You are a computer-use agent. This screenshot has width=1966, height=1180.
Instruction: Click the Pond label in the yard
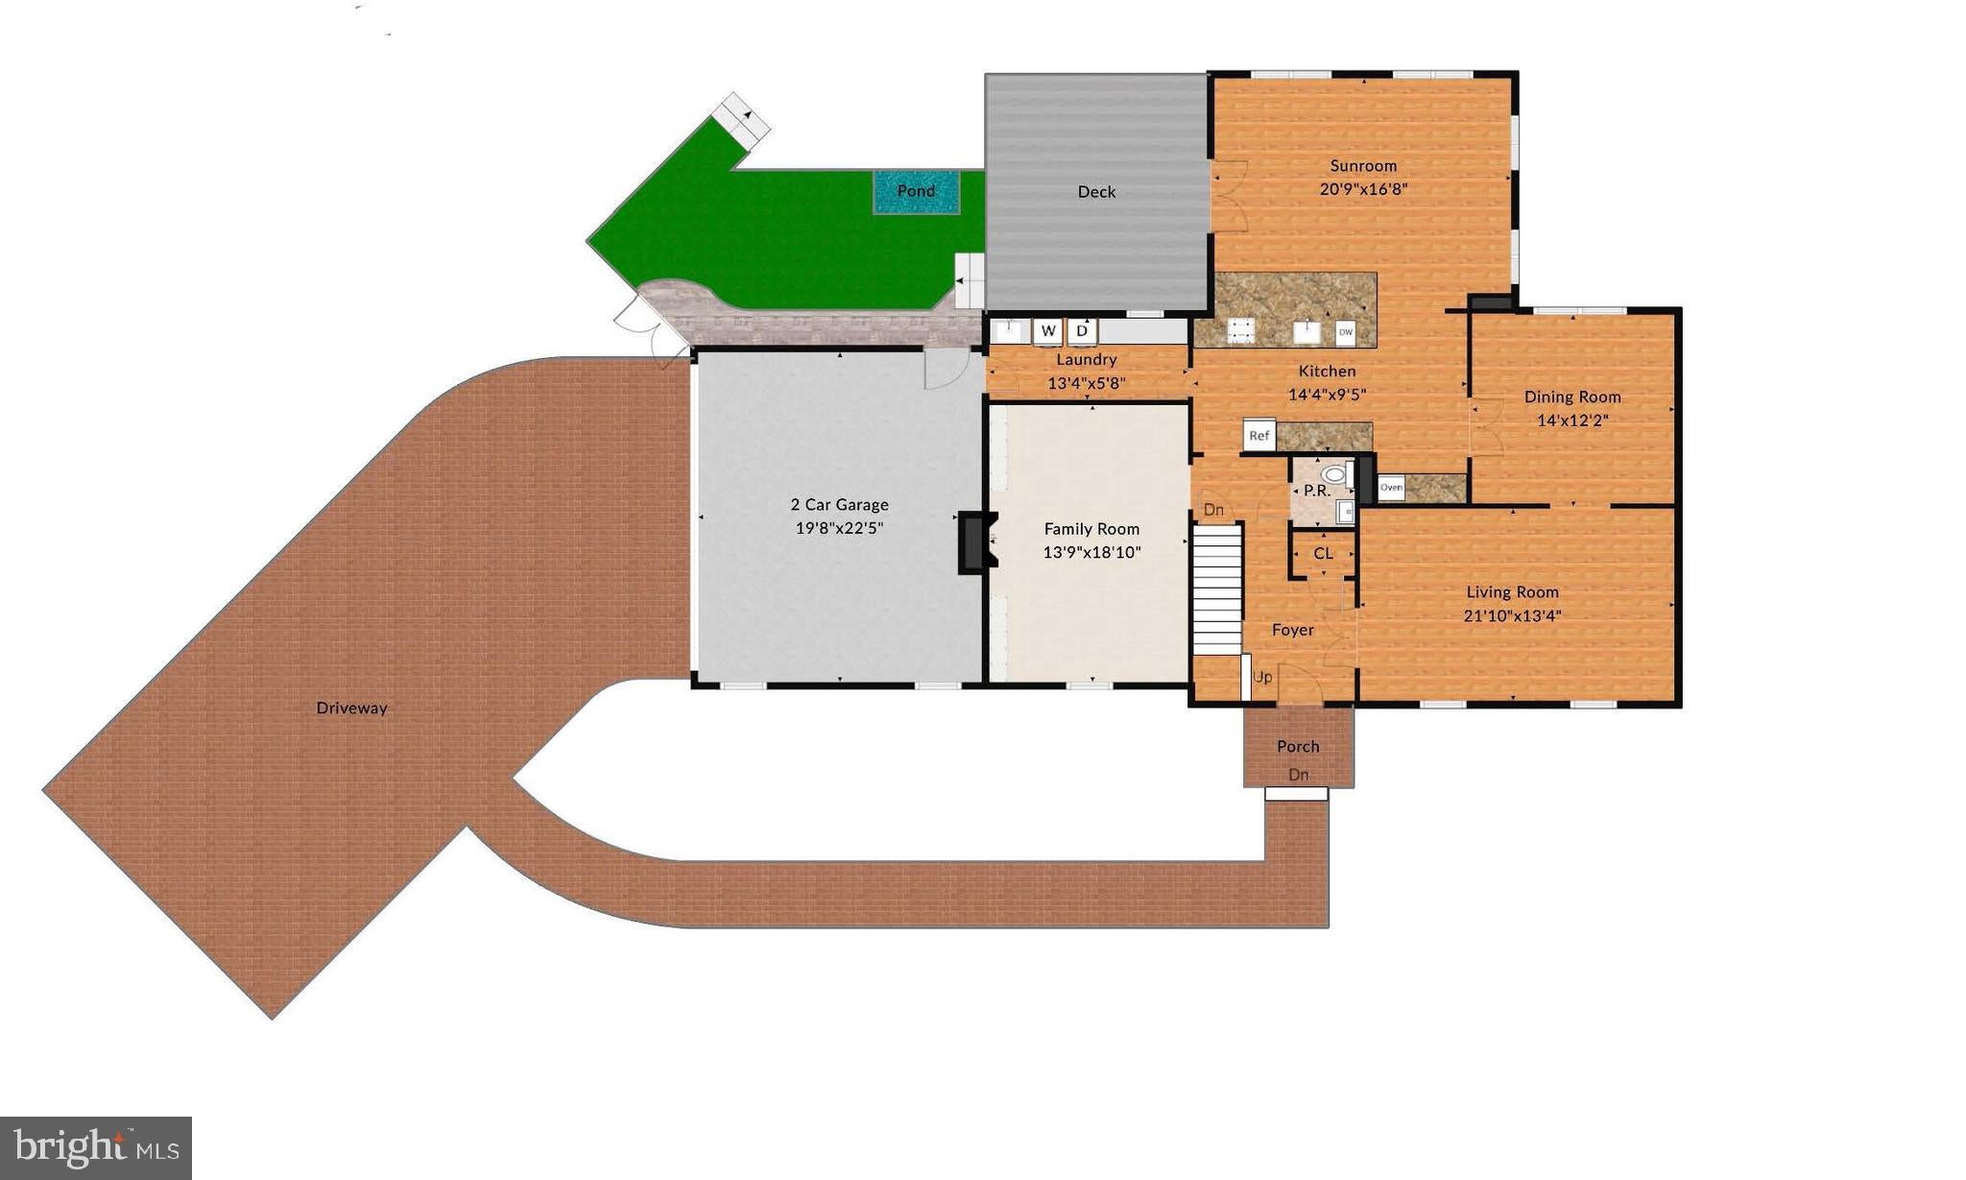point(916,191)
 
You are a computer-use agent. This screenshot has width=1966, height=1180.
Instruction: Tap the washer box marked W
point(1047,331)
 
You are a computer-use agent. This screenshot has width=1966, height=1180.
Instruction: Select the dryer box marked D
point(1082,331)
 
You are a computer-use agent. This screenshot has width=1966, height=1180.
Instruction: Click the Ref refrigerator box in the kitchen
point(1259,436)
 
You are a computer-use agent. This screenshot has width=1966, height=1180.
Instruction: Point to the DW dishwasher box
point(1345,333)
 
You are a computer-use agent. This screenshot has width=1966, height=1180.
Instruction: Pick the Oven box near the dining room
point(1391,488)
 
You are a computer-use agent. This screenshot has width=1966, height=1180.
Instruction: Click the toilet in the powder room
point(1334,474)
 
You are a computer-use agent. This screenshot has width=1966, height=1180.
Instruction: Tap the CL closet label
point(1323,553)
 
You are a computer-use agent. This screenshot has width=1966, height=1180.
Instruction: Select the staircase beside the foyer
point(1217,588)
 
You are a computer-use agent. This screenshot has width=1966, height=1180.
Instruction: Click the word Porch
point(1298,746)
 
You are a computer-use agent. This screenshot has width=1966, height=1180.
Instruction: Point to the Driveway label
point(351,709)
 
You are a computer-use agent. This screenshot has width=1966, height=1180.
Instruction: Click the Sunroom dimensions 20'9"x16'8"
point(1363,189)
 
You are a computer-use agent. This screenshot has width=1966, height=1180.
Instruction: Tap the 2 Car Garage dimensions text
point(839,528)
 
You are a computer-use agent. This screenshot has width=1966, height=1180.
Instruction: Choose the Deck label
point(1096,192)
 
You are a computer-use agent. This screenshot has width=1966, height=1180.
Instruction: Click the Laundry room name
point(1087,360)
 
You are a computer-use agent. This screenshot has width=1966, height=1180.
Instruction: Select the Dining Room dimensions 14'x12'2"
point(1572,421)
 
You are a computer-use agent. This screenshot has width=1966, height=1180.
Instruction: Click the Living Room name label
point(1512,592)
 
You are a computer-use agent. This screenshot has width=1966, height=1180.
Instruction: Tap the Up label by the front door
point(1263,677)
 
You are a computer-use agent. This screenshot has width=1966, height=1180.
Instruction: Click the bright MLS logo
point(96,1148)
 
